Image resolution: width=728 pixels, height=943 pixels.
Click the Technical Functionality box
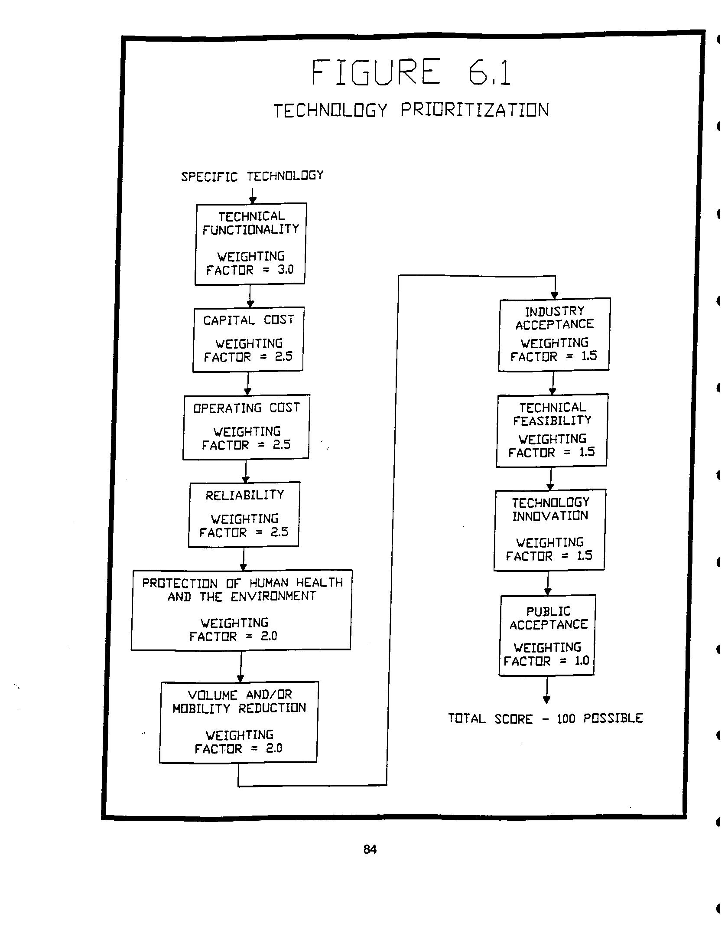coord(250,244)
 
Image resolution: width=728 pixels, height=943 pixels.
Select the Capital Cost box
coord(248,339)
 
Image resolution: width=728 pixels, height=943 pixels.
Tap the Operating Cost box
coord(246,427)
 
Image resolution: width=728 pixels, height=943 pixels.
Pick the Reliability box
coord(244,514)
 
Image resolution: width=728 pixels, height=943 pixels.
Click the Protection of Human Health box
coord(241,610)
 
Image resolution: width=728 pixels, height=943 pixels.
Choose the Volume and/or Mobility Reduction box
coord(239,722)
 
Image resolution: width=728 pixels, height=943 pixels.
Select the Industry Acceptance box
coord(554,334)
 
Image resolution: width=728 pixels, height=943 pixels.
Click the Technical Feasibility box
coord(552,430)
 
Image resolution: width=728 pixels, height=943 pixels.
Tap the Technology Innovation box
coord(549,530)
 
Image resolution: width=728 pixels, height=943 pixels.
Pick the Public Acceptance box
coord(547,636)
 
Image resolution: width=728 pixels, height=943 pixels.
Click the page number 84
coord(370,849)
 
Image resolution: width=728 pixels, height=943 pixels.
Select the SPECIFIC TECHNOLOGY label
coord(252,176)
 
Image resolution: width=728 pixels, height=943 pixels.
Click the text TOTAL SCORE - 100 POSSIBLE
coord(545,718)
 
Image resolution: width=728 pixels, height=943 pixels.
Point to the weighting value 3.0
coord(285,270)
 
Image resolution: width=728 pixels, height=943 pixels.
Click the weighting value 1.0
coord(581,660)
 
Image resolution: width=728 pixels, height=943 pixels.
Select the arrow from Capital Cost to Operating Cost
coord(248,383)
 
